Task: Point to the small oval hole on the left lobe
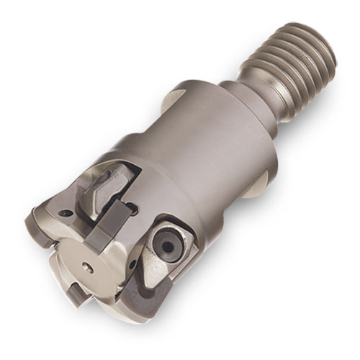coord(66,214)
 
